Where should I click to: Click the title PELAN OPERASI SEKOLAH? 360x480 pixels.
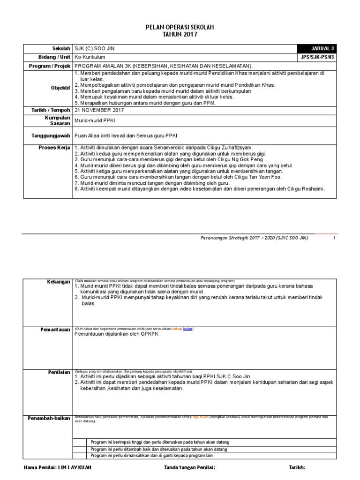coord(180,28)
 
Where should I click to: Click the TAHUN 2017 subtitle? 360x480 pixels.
coord(180,35)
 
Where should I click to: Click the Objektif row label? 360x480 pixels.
coord(60,88)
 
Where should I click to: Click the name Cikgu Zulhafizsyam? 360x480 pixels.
coord(230,148)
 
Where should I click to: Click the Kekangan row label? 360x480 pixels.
coord(59,281)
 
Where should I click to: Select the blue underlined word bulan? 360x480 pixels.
coord(187,329)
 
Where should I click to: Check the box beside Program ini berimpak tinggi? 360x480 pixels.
coord(80,442)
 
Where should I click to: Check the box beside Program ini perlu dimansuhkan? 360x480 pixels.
coord(80,455)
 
